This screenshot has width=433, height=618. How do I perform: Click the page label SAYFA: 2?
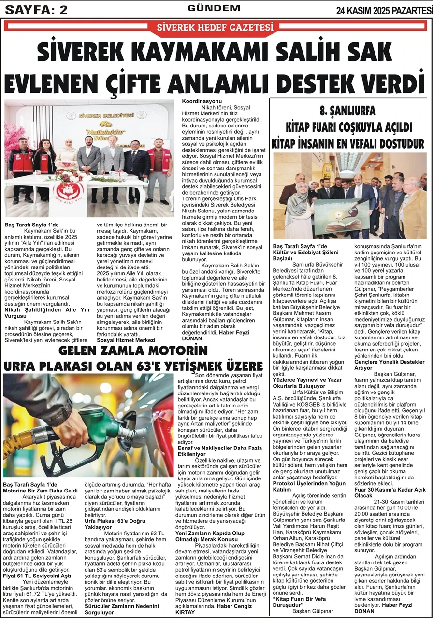tap(36, 9)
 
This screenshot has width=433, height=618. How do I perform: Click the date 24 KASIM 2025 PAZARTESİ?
tap(384, 10)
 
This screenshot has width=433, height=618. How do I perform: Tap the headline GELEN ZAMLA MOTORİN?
tap(132, 350)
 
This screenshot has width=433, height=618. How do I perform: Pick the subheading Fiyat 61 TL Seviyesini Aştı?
tap(37, 576)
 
